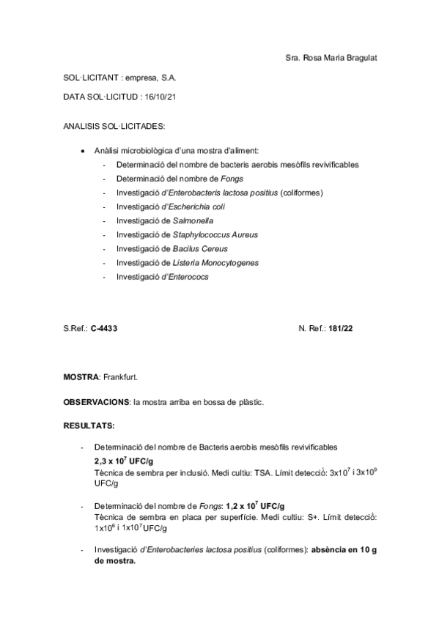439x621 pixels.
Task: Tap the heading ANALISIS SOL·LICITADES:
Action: point(114,126)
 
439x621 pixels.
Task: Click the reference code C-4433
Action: point(105,328)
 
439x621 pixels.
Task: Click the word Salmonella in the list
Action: point(193,220)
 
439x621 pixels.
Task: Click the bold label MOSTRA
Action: point(81,376)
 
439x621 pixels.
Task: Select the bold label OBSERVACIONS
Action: point(96,402)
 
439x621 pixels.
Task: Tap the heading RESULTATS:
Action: point(89,425)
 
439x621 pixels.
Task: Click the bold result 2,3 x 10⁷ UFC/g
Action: point(123,461)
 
